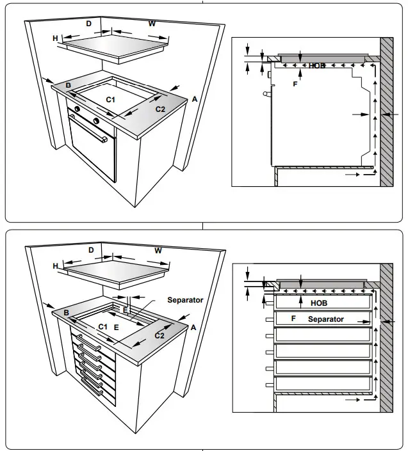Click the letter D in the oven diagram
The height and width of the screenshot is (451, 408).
[x=89, y=24]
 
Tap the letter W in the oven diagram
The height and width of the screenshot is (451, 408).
[x=152, y=24]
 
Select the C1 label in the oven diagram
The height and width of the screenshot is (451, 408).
[x=110, y=99]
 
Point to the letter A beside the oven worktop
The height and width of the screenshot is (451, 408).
[x=194, y=99]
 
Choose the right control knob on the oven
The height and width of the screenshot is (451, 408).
[x=95, y=121]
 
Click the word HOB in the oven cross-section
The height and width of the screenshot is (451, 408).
[x=317, y=65]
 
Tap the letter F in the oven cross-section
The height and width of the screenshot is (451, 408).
[x=295, y=84]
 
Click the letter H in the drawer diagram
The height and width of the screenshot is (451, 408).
[x=56, y=265]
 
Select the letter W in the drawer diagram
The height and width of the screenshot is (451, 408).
[x=158, y=250]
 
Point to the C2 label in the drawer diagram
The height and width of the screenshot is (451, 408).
[x=159, y=335]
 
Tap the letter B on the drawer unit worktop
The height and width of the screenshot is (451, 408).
[x=66, y=312]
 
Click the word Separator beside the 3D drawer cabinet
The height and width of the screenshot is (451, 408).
[x=185, y=299]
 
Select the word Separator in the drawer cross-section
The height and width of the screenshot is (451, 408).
[x=325, y=319]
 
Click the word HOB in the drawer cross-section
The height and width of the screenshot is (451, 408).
[x=319, y=303]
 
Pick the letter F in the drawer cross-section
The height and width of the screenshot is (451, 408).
[x=293, y=318]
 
